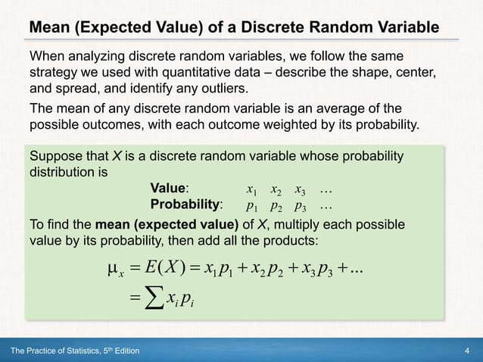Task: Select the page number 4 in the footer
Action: pyautogui.click(x=469, y=351)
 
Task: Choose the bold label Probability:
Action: pyautogui.click(x=186, y=204)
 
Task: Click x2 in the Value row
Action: pyautogui.click(x=277, y=189)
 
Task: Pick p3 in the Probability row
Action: pyautogui.click(x=301, y=205)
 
